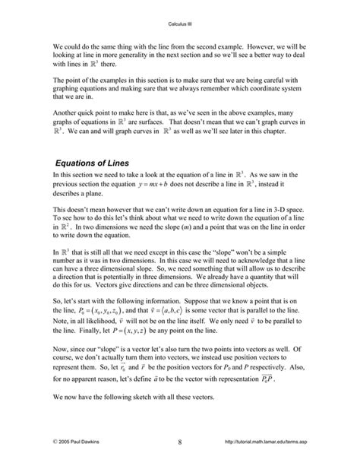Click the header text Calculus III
(179, 24)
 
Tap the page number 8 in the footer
(179, 442)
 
